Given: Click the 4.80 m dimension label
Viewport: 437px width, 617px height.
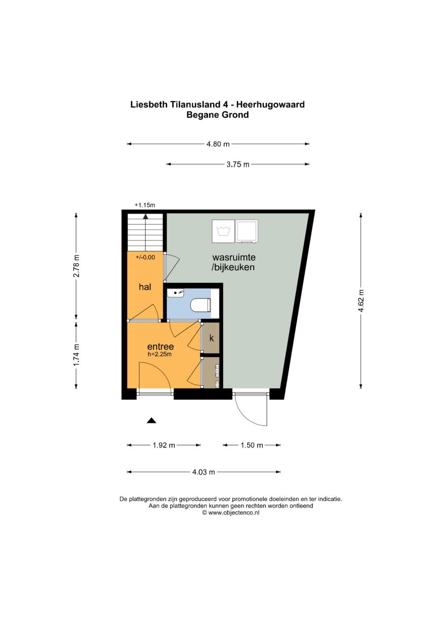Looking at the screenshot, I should [x=218, y=144].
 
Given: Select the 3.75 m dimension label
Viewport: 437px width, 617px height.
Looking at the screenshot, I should [x=238, y=164].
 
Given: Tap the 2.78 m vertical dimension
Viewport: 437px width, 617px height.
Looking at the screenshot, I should [x=76, y=266].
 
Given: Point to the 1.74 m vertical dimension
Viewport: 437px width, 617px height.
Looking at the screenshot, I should [x=76, y=355].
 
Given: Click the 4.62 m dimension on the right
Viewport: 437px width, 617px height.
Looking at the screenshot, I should [x=361, y=300].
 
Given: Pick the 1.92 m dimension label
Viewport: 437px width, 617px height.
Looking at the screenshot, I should [x=164, y=445].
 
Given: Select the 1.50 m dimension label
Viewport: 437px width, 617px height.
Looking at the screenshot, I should [x=252, y=445].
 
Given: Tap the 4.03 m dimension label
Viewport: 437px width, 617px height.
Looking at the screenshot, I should [x=204, y=472].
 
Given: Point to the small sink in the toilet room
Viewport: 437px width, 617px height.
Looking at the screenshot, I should [x=176, y=292].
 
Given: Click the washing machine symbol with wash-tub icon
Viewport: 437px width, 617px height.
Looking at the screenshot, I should [x=223, y=232].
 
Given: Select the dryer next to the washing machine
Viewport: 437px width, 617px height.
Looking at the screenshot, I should [x=246, y=232].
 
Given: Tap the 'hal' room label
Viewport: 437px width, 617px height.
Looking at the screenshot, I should [x=145, y=287].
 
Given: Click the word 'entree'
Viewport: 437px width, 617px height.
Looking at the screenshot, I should [x=160, y=346].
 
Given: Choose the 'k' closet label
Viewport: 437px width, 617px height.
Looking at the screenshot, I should [x=211, y=338].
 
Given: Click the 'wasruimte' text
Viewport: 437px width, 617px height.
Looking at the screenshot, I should [x=234, y=257].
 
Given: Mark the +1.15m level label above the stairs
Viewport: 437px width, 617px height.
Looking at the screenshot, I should [x=145, y=205].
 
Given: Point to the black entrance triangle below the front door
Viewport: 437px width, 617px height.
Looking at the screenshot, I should [x=151, y=421].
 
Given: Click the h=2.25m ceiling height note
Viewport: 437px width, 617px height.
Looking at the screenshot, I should [x=160, y=354].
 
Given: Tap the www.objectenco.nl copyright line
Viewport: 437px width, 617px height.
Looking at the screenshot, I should [x=231, y=512].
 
